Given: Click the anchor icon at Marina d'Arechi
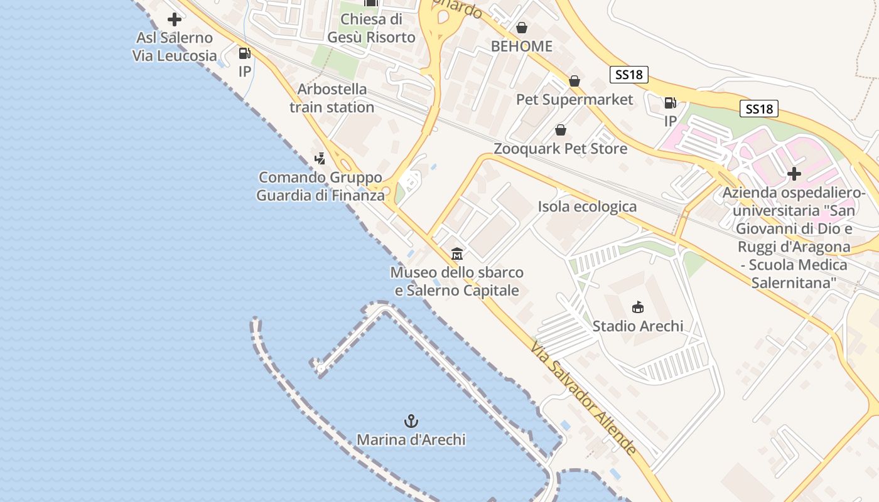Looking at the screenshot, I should pos(411,421).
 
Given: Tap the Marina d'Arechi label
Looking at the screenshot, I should pos(411,440).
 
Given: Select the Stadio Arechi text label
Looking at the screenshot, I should pos(638,326).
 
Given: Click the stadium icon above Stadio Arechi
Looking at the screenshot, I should pos(638,307).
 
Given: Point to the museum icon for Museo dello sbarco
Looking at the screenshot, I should pos(457,254).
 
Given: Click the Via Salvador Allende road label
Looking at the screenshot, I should pos(583,397).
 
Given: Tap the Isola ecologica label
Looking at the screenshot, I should pos(587,206).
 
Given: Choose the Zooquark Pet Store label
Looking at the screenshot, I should pos(560,149).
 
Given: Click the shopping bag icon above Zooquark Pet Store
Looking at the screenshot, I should pos(560,130).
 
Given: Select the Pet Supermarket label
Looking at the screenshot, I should pos(574,99).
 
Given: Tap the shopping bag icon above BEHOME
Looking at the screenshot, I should pos(521,28).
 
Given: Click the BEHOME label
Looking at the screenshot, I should pos(521,46).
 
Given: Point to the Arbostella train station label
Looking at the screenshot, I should pos(332,99).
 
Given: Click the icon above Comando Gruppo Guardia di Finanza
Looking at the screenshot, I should pos(320,158).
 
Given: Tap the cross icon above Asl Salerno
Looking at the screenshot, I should pos(175,19).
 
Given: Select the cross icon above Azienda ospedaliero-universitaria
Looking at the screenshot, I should pos(794,173).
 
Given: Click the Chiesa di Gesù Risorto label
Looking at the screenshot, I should pos(371,28).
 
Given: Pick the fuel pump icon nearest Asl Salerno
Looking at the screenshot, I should pos(245,54).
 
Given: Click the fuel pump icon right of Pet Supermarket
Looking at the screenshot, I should pos(671,103).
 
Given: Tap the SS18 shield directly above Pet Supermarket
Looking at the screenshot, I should pos(628,75).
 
